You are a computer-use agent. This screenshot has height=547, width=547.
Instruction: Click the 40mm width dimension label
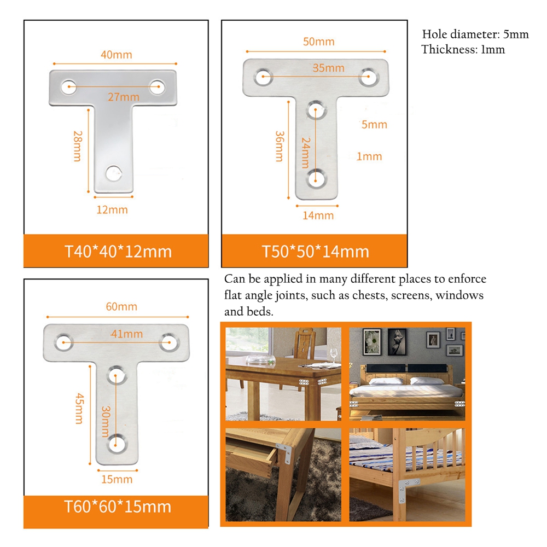pos(117,55)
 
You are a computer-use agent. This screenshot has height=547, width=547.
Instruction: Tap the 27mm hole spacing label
pos(124,97)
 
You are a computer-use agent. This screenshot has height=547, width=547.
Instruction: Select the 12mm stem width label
pos(112,210)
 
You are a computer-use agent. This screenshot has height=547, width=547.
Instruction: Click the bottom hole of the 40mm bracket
pos(114,173)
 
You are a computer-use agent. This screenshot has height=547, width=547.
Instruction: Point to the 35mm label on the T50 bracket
pos(328,68)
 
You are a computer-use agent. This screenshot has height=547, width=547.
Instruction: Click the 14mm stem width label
pos(318,215)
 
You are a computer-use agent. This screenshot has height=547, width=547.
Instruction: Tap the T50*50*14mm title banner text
pos(316,252)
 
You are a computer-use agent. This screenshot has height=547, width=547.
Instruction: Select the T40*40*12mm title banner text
pos(118,252)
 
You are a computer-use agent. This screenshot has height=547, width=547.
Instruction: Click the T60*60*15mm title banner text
pos(118,507)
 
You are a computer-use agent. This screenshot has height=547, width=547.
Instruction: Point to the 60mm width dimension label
pos(121,307)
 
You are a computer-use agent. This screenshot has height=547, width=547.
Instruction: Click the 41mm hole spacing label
pos(127,334)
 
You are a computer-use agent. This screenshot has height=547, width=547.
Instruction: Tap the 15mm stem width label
pos(117,479)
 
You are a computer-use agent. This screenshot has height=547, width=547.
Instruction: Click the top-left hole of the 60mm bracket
pos(64,342)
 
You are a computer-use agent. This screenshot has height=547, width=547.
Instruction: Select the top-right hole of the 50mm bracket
pos(368,77)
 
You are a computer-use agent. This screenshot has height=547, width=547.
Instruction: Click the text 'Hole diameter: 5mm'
pos(475,34)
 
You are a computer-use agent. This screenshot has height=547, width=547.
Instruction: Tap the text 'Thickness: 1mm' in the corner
pos(463,49)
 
